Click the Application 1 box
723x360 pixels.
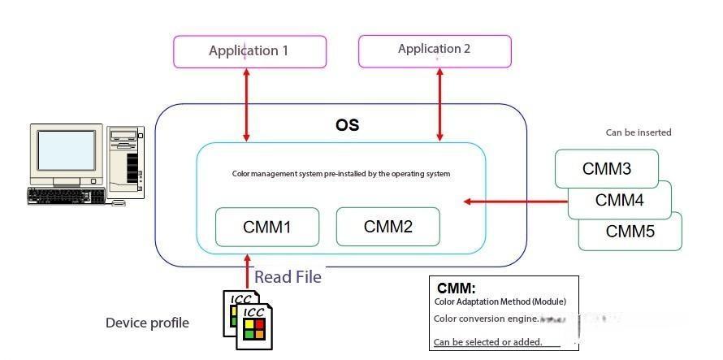click(x=249, y=51)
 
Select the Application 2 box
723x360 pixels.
click(x=435, y=50)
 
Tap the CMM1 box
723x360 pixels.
click(x=266, y=227)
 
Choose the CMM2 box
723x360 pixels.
click(x=387, y=227)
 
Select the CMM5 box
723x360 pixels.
click(x=630, y=232)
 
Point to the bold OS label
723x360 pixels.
click(x=347, y=126)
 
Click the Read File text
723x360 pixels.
click(x=288, y=277)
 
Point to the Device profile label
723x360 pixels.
click(x=147, y=323)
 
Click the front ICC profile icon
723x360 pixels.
click(x=253, y=327)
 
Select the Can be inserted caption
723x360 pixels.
click(x=639, y=132)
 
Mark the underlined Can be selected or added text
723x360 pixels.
click(x=487, y=341)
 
